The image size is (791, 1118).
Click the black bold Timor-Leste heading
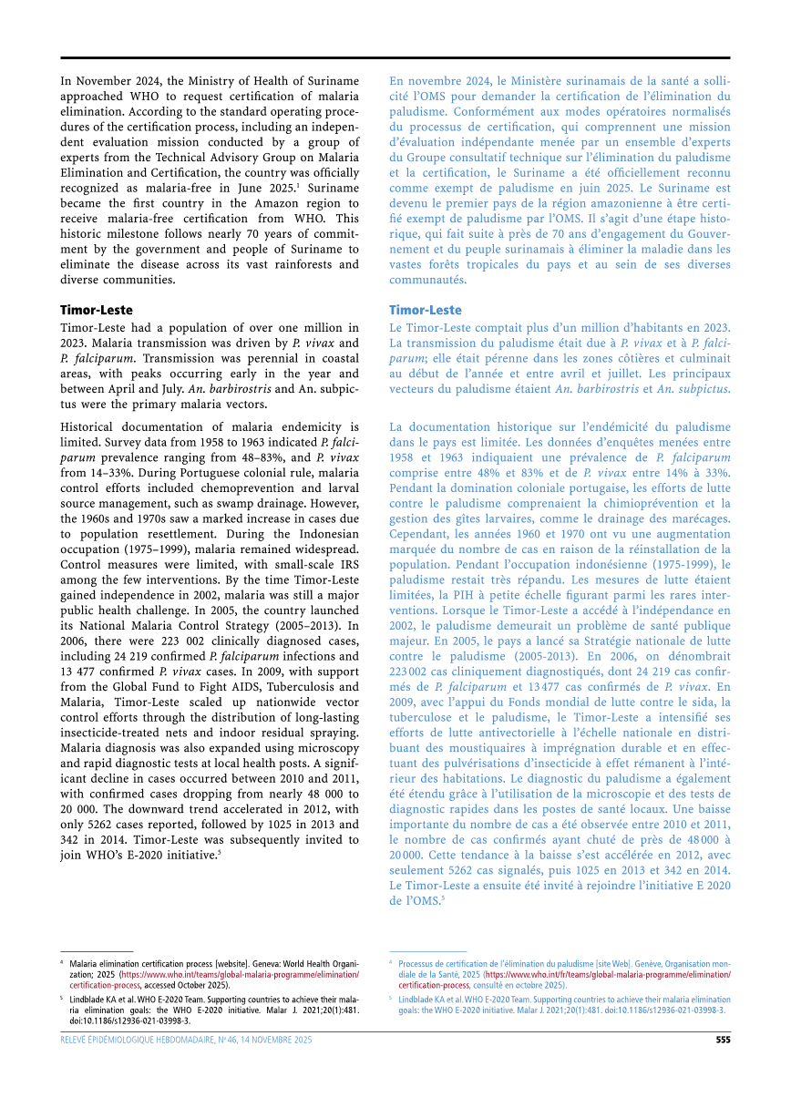(97, 310)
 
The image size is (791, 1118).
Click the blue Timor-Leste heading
(426, 310)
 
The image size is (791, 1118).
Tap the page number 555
(723, 1040)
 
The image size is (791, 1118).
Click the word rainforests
(282, 264)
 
